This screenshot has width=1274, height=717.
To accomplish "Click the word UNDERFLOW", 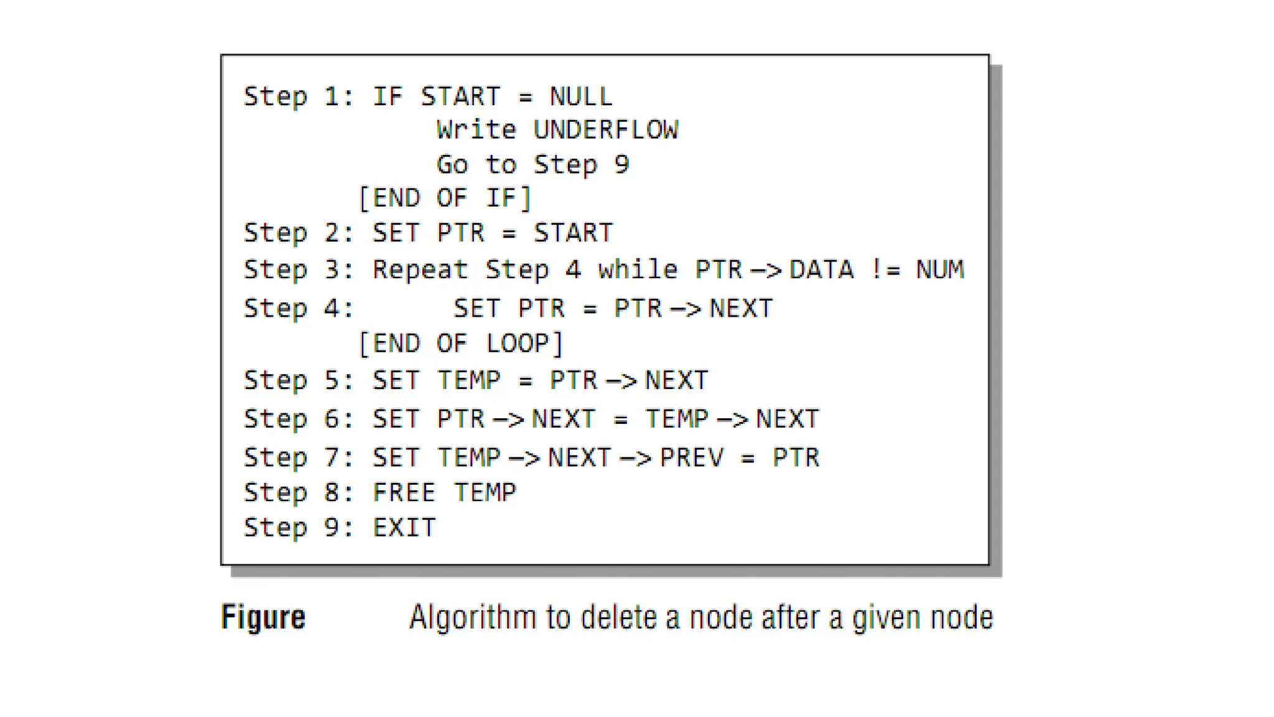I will click(x=605, y=130).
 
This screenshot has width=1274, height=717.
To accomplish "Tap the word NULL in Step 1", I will click(x=581, y=96).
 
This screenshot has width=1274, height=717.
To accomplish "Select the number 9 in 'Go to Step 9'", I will click(x=621, y=164).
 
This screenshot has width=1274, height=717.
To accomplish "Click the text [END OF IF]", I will click(x=445, y=199).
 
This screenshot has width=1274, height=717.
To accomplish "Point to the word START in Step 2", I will click(x=573, y=233).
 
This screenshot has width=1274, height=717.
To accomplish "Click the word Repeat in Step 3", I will click(x=420, y=269).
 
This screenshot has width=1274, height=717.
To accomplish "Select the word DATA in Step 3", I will click(x=821, y=269).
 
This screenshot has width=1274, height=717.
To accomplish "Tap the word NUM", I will click(x=939, y=269).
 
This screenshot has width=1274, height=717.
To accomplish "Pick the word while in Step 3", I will click(x=638, y=269).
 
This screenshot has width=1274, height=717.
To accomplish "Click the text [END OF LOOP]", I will click(x=461, y=344).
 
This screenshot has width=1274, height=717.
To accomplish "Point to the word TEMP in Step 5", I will click(x=468, y=380).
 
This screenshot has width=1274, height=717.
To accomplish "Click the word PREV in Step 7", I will click(x=692, y=457).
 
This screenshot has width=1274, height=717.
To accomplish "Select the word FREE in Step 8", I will click(x=404, y=492).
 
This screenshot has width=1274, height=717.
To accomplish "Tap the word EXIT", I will click(x=404, y=528).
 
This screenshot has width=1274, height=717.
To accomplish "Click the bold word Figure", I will click(x=263, y=617).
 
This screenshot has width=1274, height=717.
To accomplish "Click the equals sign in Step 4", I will click(x=590, y=309).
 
